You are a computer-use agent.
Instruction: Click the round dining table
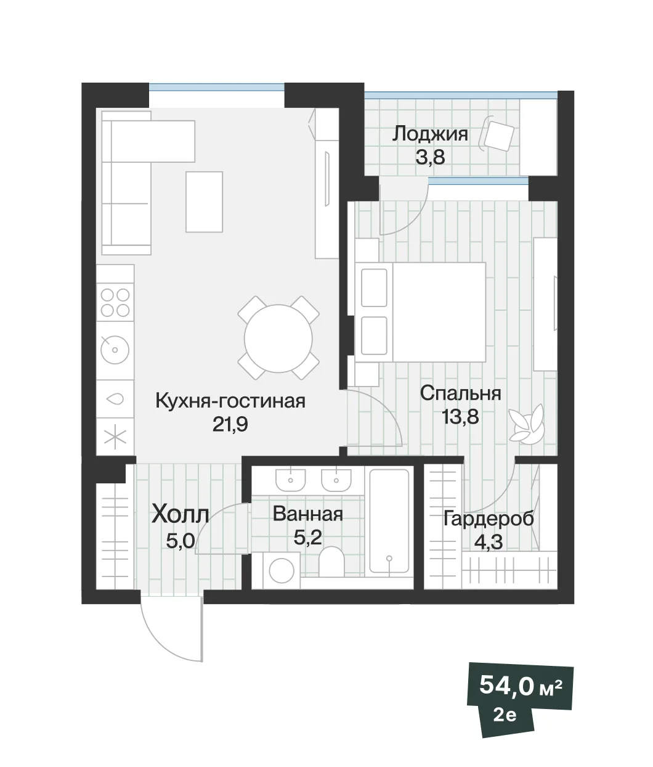coord(278,338)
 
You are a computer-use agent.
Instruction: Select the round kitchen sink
coord(115,350)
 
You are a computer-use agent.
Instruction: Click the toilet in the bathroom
coord(331,562)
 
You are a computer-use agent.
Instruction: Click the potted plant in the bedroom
coord(527,425)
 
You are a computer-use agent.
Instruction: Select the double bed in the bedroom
coord(421,313)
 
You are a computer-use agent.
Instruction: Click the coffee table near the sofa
coord(205,202)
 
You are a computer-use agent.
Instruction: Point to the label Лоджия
coord(430,134)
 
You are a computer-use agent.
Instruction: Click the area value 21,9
coord(230,425)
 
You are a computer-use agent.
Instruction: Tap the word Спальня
coord(460,393)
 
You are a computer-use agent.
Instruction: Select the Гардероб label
coord(489,519)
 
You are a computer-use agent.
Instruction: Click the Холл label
coord(180,515)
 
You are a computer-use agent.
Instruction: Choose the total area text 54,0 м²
coord(521,686)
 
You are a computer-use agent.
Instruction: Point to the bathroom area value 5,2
coord(308,537)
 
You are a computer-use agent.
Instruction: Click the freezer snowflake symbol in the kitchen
coord(115,437)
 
